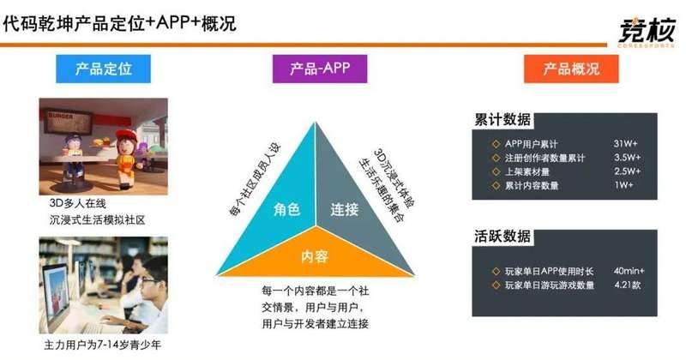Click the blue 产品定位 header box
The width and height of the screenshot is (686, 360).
coord(103,69)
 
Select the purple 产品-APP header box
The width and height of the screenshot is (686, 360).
coord(320,69)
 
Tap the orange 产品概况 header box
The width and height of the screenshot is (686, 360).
coord(571,69)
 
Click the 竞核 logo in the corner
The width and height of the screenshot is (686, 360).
coord(647,32)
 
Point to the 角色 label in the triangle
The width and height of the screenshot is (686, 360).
coord(286,209)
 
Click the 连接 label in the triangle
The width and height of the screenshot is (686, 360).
coord(345,209)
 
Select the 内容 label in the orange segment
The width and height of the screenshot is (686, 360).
coord(315,256)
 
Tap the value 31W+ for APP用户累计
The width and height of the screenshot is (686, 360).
coord(625,143)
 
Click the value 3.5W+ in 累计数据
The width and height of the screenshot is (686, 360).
coord(627,158)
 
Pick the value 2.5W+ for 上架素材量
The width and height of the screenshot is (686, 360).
coord(627,171)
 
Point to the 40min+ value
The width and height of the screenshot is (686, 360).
coord(629,271)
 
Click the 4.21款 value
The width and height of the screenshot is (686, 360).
coord(628,285)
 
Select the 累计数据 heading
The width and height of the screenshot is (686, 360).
coord(502,119)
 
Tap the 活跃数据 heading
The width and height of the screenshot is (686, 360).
coord(502,237)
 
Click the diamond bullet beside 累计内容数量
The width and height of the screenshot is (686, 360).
coord(496,185)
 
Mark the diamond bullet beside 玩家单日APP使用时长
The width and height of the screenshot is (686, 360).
coord(496,272)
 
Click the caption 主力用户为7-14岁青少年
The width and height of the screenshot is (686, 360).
coord(102,345)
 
